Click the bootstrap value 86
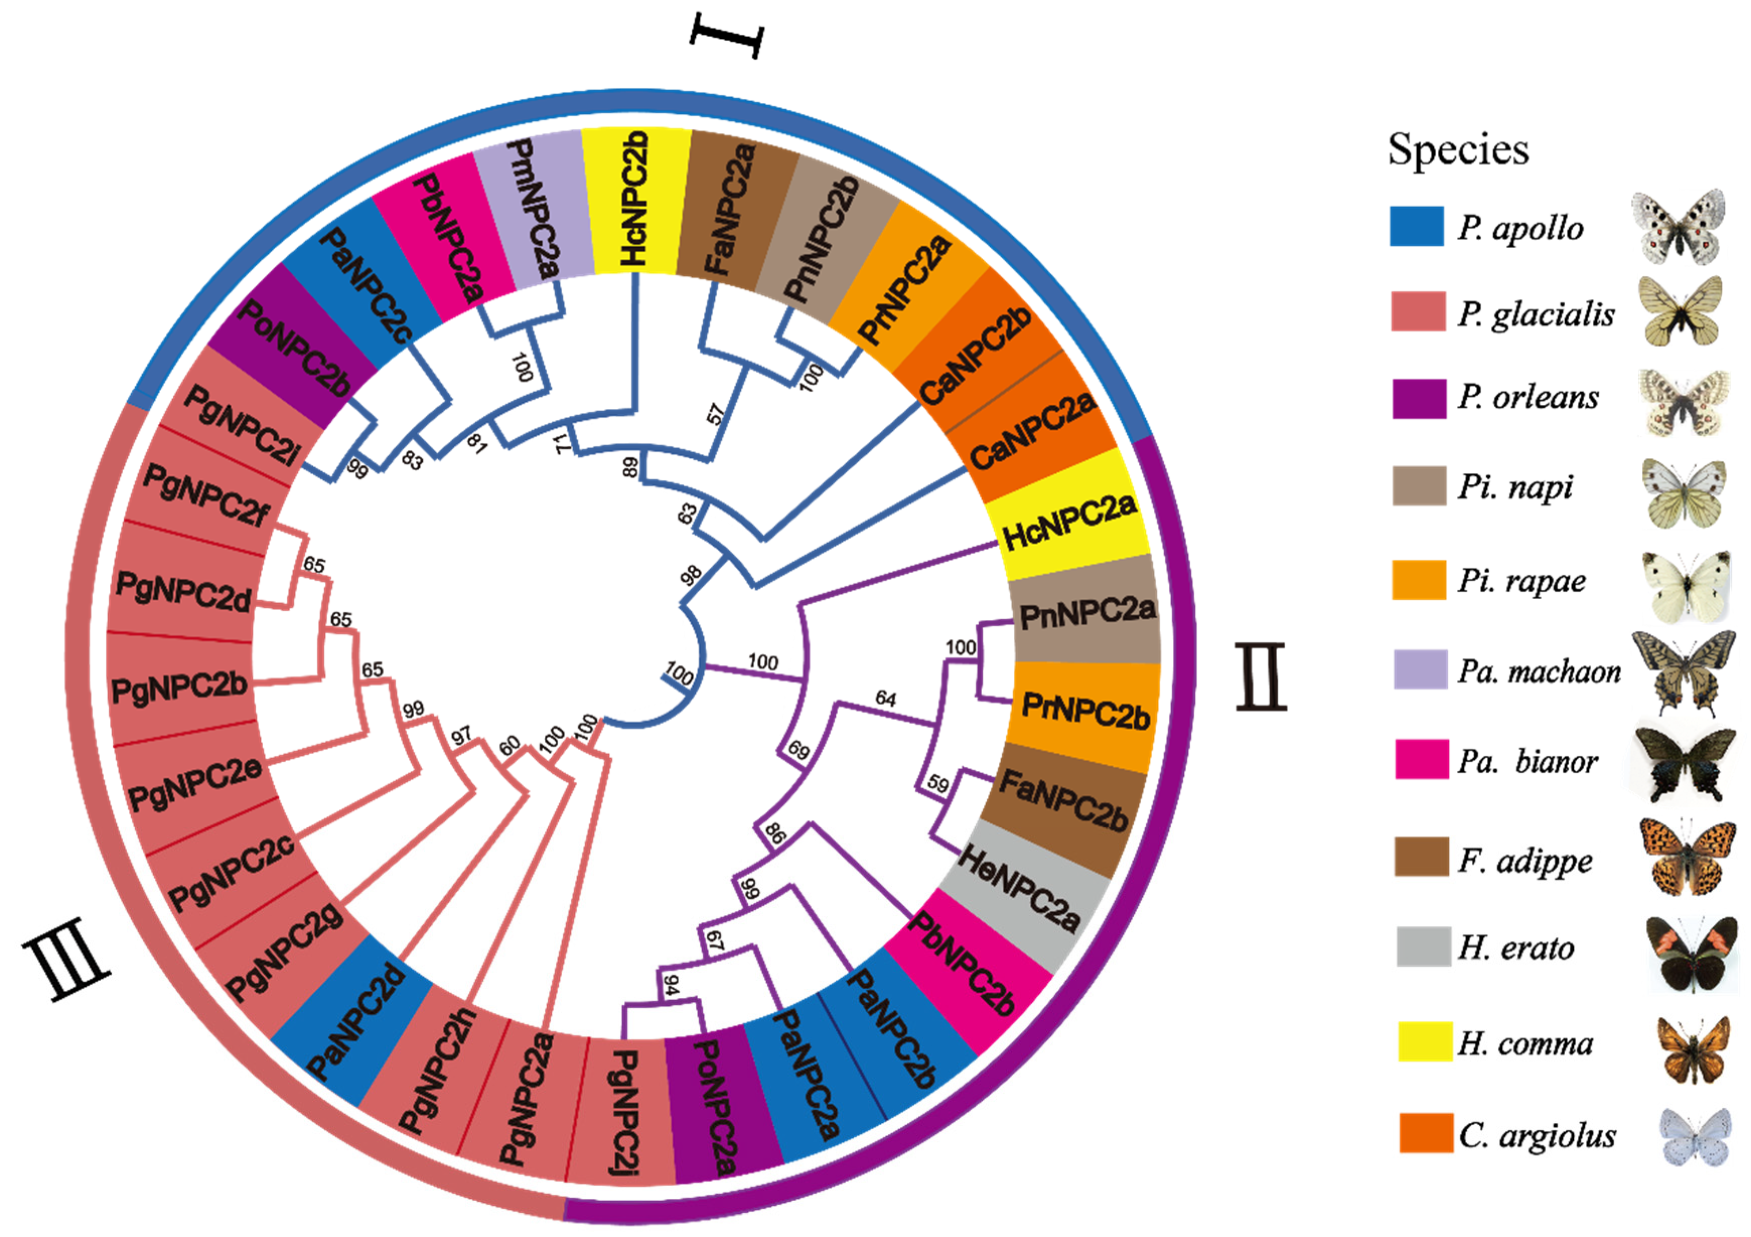click(775, 834)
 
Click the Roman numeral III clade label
click(67, 967)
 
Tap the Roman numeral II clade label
click(1260, 677)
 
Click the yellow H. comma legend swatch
click(1425, 1041)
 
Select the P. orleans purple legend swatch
click(1419, 398)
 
